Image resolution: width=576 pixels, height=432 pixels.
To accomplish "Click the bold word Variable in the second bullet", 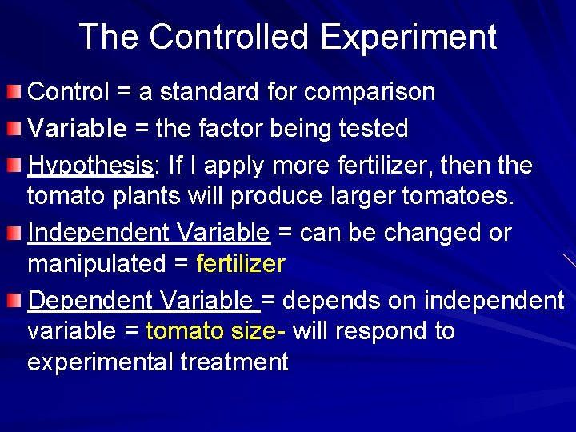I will click(77, 128).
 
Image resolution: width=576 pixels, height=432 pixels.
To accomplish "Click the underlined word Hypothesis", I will click(90, 166).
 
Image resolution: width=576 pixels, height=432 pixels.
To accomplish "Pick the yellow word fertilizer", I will click(240, 263).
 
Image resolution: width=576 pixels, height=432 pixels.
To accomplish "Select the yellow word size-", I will click(258, 330).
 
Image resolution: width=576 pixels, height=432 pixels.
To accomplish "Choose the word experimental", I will click(100, 362).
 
